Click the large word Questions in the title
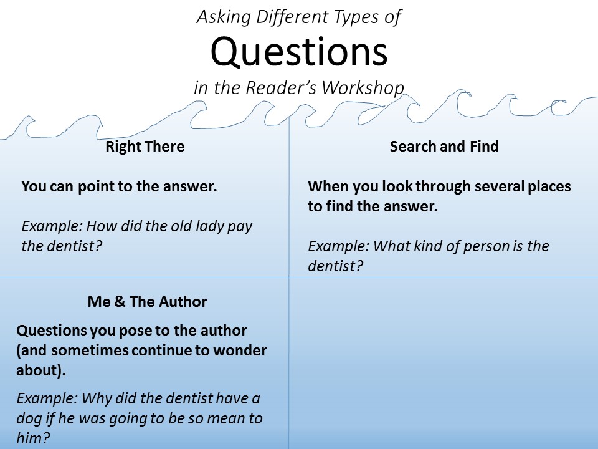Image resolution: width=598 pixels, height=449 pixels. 300,52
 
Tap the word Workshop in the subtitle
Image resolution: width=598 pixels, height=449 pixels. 363,88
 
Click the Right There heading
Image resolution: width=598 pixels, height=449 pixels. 145,146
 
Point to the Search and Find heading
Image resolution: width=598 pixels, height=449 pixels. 444,146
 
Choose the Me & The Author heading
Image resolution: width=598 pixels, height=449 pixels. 147,302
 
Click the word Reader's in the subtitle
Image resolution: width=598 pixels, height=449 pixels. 281,88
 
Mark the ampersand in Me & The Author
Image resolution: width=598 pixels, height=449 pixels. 120,302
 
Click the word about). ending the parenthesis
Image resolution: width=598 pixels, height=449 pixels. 41,370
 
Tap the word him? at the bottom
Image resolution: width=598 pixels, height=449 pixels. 33,438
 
